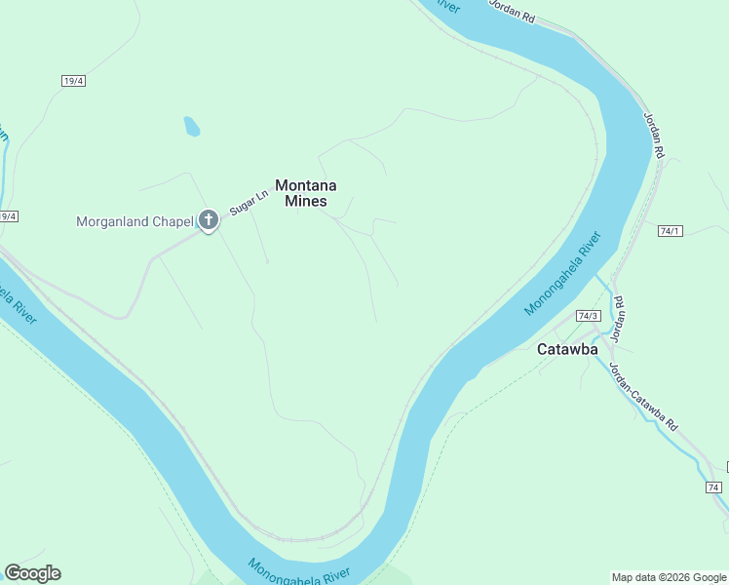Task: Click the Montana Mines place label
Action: [x=305, y=192]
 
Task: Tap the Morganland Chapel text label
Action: [x=134, y=221]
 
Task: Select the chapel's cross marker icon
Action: [x=208, y=220]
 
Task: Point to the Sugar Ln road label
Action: [x=248, y=201]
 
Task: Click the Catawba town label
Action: [x=567, y=349]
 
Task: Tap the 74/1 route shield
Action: [x=671, y=231]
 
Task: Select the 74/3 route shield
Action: [x=588, y=316]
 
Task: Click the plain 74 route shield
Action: [x=712, y=487]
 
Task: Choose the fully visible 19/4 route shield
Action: [x=73, y=81]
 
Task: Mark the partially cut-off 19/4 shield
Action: [x=8, y=216]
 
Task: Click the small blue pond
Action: [x=192, y=127]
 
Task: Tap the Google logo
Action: [x=32, y=573]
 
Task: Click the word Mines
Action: [x=305, y=201]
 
